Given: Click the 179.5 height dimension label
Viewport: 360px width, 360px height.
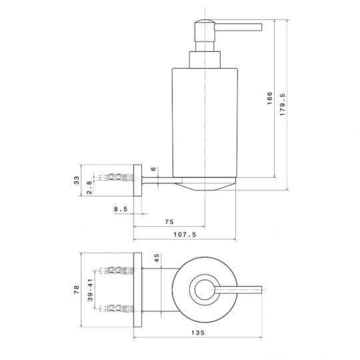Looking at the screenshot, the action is pos(283,105).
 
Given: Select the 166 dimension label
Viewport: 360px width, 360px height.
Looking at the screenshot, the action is pos(270,98).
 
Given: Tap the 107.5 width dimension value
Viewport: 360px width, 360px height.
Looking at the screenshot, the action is pos(185,235).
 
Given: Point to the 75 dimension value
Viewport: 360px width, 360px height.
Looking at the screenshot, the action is pos(169,222).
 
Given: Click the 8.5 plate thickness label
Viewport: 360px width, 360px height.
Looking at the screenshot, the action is pos(121,209).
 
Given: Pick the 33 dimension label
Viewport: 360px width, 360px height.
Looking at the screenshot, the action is pos(77,180).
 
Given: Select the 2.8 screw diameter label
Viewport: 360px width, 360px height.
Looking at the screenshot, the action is pos(89,187).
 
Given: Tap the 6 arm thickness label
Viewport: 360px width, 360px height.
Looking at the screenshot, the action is pos(153,169).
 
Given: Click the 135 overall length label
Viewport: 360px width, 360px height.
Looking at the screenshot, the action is pos(198,333).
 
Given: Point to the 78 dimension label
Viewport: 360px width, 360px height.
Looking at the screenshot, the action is pos(77,289).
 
